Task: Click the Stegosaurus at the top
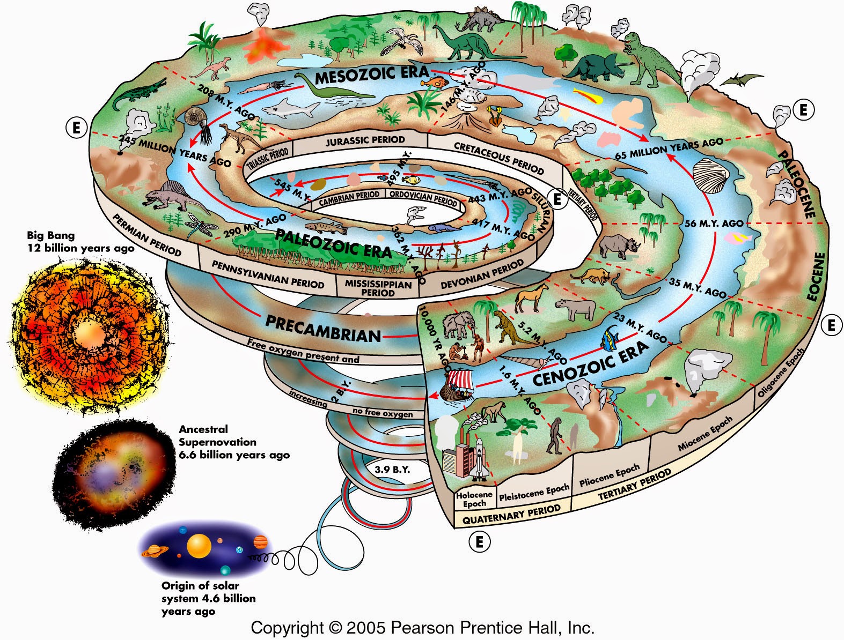click(478, 19)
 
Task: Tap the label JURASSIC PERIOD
click(365, 140)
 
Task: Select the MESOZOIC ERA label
click(372, 75)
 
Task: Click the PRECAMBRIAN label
click(323, 329)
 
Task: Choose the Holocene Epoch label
click(474, 499)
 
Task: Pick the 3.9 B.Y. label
click(392, 470)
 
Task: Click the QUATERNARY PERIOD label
click(511, 515)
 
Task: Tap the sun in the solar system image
click(199, 546)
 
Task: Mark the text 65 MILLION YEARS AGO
click(669, 148)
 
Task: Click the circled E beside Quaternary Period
click(480, 542)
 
